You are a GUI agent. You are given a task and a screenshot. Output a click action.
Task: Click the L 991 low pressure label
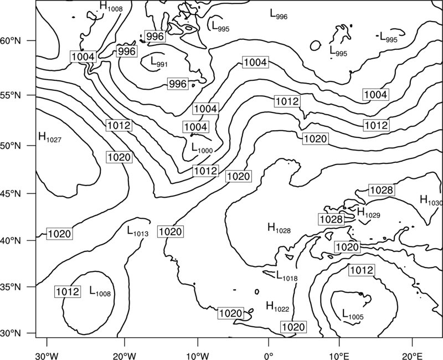pos(159,62)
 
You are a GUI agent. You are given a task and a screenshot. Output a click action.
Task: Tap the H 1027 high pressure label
pos(50,137)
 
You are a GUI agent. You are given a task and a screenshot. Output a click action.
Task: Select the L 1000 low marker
pos(202,148)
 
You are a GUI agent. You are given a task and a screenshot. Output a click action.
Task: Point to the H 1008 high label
pos(111,7)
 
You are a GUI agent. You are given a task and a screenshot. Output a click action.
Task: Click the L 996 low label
pos(279,14)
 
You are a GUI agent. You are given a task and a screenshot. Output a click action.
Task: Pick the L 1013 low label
pos(137,231)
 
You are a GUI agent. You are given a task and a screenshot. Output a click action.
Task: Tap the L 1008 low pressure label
pos(100,291)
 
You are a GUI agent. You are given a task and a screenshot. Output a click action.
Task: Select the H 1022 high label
pos(278,307)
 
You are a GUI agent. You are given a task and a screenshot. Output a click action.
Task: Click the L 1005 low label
pos(353,314)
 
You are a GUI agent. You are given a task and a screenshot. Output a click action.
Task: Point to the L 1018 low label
pos(287,276)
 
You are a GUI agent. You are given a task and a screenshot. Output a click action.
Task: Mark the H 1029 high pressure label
pos(369,213)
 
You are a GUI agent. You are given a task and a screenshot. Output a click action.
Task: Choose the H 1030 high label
pos(431,200)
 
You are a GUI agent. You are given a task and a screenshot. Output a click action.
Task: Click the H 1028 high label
pos(279,228)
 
